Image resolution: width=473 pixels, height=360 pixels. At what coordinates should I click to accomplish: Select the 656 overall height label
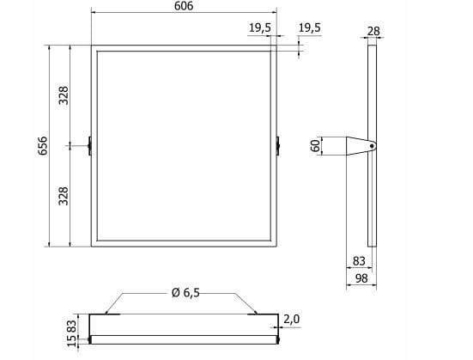pyautogui.click(x=43, y=145)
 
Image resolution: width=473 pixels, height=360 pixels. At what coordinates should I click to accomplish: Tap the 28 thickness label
pyautogui.click(x=373, y=31)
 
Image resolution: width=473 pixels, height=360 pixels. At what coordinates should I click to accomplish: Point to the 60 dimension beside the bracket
pyautogui.click(x=315, y=145)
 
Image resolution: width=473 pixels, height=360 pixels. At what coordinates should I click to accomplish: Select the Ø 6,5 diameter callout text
pyautogui.click(x=185, y=293)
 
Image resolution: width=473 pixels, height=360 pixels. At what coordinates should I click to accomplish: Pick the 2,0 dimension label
pyautogui.click(x=292, y=319)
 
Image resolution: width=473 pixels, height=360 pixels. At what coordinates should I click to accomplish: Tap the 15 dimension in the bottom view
pyautogui.click(x=71, y=340)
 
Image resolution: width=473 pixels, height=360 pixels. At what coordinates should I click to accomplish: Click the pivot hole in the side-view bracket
pyautogui.click(x=372, y=146)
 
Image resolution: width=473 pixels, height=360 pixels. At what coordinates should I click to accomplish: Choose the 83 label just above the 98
pyautogui.click(x=359, y=260)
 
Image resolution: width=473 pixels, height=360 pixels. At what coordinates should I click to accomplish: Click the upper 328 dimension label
pyautogui.click(x=64, y=95)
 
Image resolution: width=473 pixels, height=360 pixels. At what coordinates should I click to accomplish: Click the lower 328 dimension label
pyautogui.click(x=64, y=196)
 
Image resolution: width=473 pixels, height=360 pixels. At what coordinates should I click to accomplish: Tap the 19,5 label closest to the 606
pyautogui.click(x=260, y=27)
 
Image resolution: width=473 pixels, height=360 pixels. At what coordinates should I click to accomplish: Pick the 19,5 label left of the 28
pyautogui.click(x=309, y=27)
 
